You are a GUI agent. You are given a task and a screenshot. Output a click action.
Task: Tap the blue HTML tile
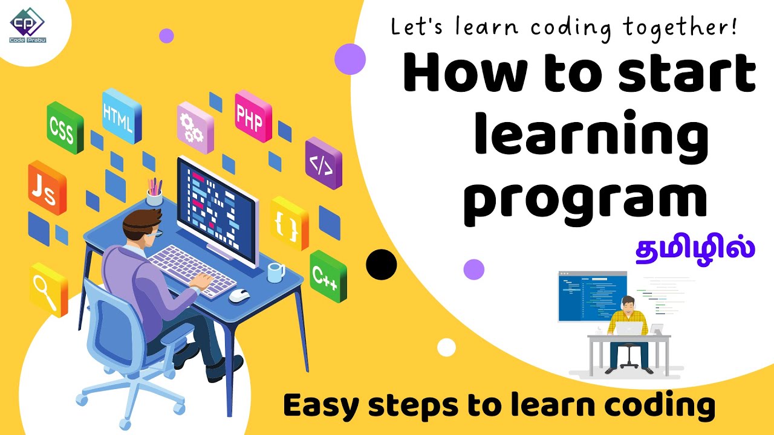[x=121, y=114]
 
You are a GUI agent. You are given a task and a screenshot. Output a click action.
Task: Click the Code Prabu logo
[x=27, y=24]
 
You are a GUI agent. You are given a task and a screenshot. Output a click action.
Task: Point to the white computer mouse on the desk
[x=239, y=295]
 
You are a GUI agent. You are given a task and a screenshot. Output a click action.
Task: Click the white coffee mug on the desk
[x=276, y=272]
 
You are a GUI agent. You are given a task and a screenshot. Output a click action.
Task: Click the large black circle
[x=382, y=264]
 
